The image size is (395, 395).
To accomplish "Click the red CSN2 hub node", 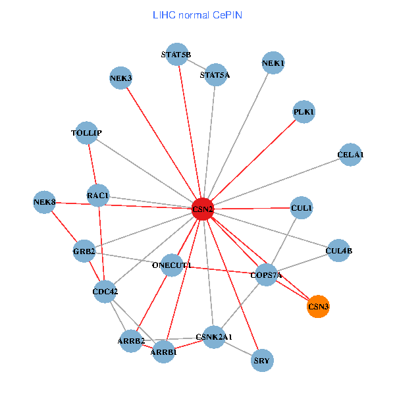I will (203, 209).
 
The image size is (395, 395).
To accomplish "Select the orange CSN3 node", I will (318, 306).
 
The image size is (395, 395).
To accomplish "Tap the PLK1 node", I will (303, 112).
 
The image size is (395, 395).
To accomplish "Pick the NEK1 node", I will (273, 63).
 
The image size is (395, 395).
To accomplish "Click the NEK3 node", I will (121, 78).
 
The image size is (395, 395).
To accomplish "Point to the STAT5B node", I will (176, 55).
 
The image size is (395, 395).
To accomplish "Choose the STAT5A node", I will (215, 74).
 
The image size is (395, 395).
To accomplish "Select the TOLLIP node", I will (87, 133).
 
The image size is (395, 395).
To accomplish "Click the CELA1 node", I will (350, 155).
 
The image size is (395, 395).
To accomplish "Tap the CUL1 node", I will (301, 208).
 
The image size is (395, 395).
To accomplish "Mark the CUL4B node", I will (338, 251).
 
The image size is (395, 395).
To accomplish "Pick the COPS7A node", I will (266, 275).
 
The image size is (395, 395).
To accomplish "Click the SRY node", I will (262, 360).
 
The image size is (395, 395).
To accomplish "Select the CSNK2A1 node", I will (214, 337).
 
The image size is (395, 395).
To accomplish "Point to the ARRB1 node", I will (164, 352).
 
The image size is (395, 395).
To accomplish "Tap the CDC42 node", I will (105, 292).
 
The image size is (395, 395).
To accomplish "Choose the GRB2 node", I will (84, 251).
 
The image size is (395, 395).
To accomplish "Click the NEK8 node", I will (45, 201).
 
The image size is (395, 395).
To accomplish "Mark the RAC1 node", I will (97, 196).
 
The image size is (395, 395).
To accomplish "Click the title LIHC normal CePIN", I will (197, 14).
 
